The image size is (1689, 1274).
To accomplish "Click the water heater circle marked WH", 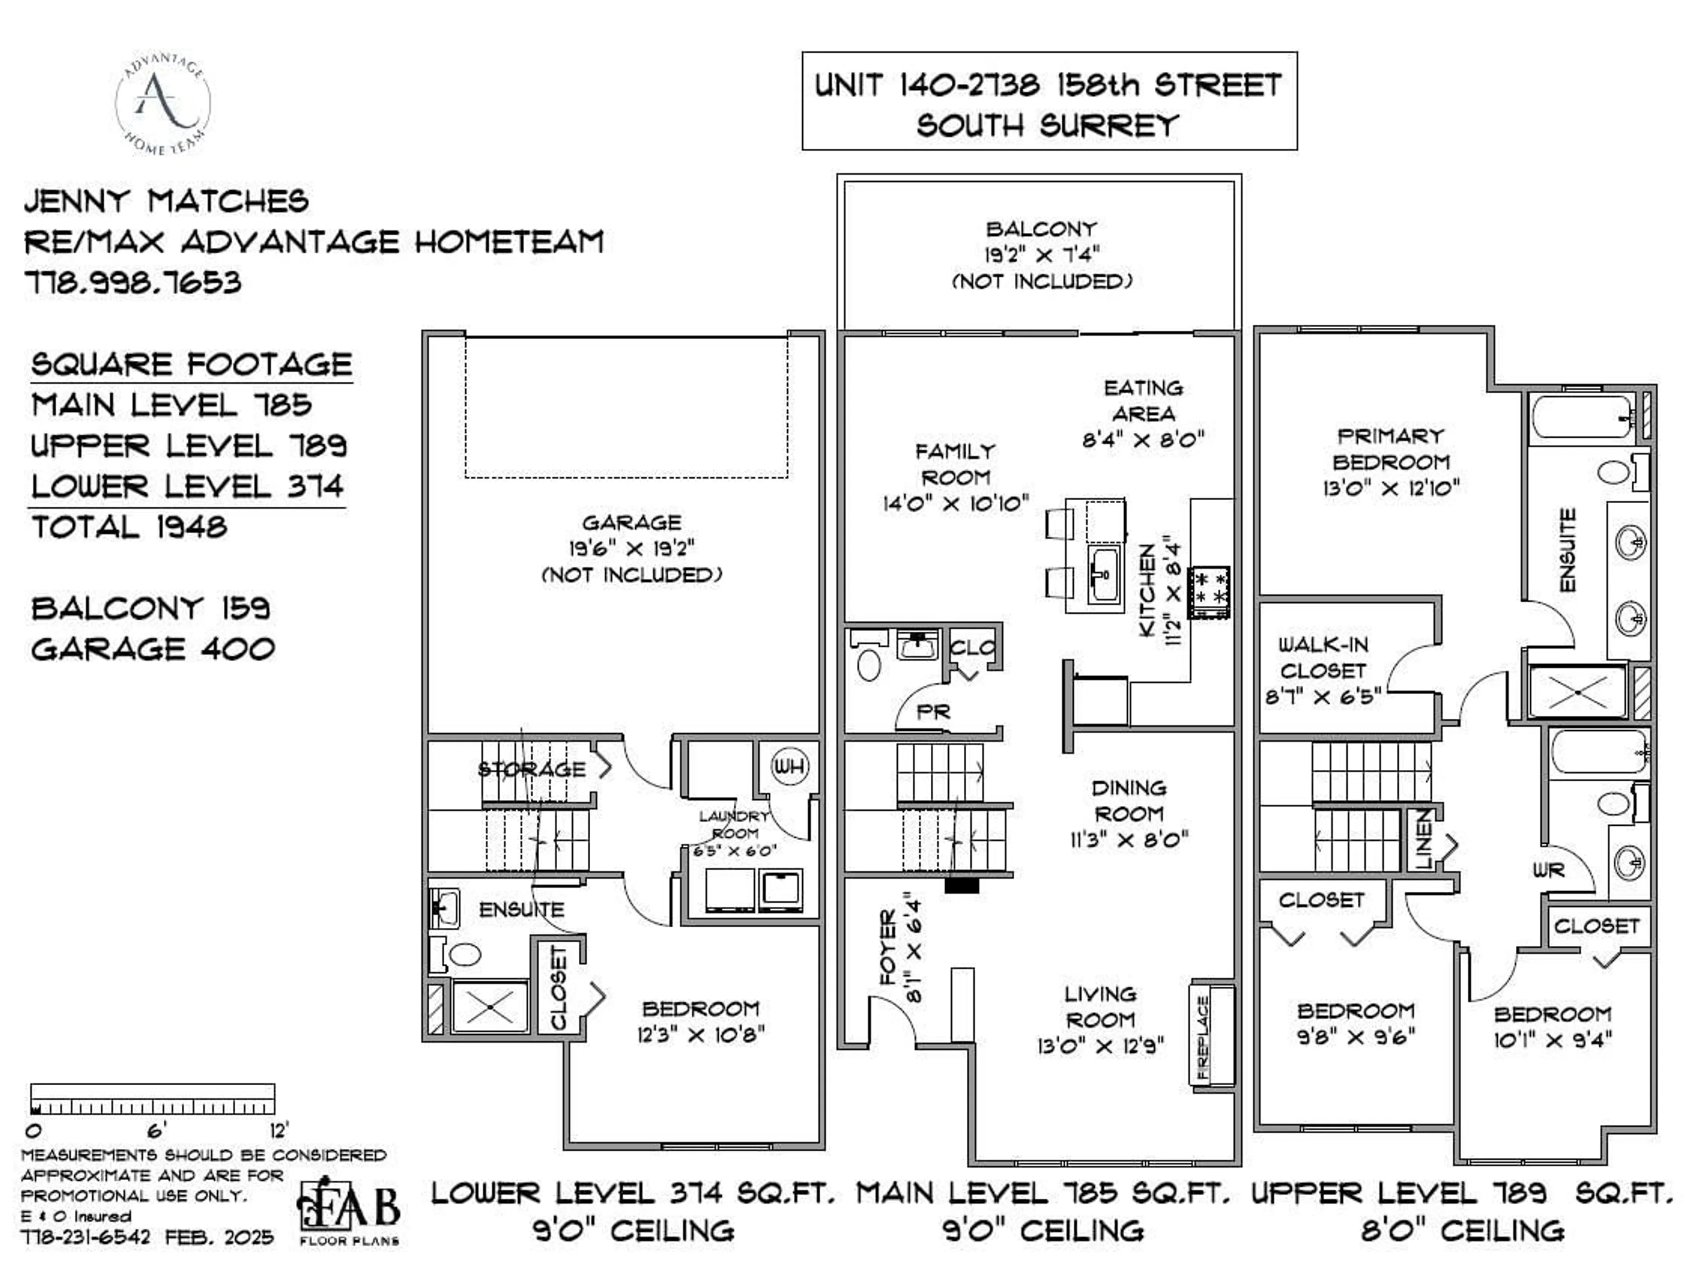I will tap(790, 766).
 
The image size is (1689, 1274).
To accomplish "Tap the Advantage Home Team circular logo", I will tap(163, 103).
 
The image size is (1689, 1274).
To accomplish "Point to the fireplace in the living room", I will tap(1212, 1036).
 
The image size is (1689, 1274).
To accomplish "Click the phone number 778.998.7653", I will tap(134, 282).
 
